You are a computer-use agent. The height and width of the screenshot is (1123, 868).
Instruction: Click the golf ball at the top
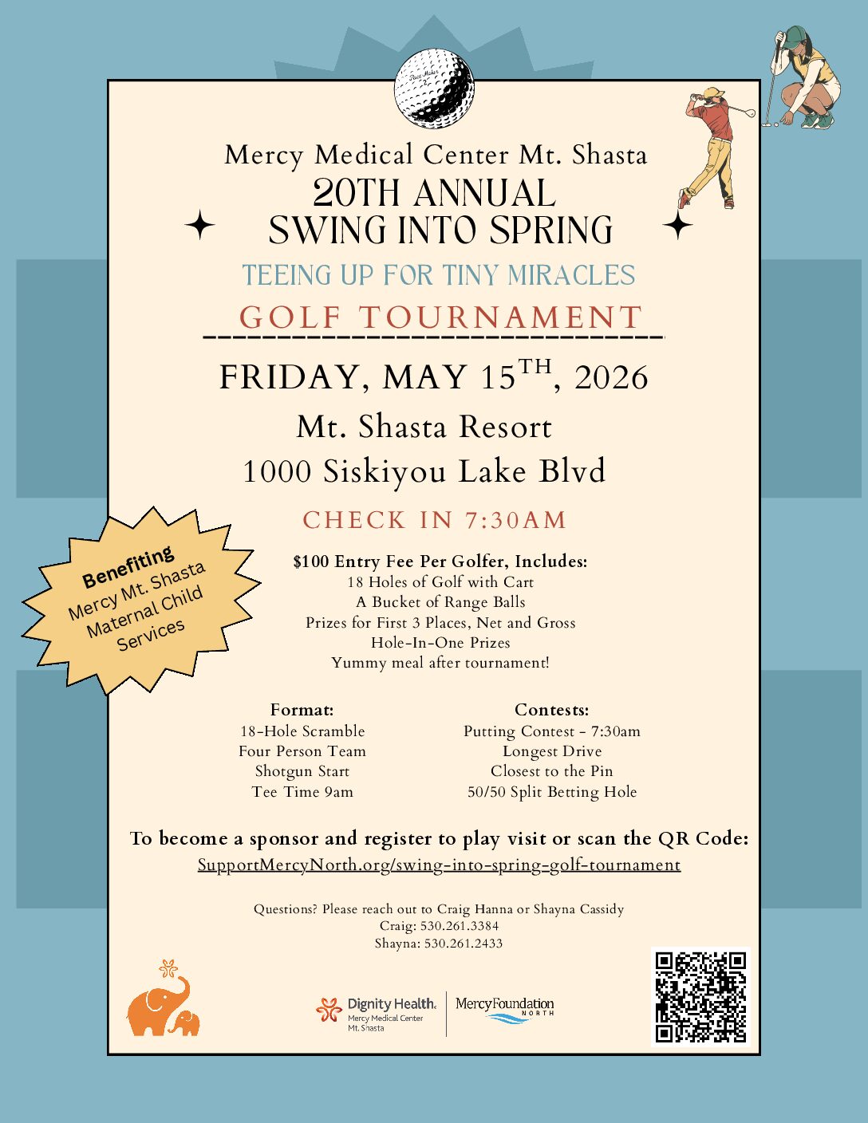434,87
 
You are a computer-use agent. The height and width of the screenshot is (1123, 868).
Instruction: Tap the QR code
700,996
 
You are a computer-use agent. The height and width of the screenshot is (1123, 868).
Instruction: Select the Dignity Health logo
377,1014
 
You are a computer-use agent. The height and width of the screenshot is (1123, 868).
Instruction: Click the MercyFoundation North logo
504,1009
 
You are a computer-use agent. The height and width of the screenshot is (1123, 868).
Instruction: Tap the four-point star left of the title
199,226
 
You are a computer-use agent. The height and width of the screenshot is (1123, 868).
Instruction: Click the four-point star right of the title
677,226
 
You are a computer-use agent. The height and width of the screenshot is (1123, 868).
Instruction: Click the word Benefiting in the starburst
128,566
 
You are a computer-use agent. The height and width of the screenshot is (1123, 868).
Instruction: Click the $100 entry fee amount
310,561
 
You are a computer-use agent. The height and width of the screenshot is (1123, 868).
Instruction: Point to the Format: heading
302,710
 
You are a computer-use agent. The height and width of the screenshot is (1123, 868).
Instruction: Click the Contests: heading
551,710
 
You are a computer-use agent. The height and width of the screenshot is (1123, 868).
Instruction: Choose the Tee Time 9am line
302,792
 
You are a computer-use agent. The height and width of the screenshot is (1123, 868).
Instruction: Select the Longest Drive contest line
551,751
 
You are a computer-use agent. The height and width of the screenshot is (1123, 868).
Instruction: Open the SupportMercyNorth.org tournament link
439,865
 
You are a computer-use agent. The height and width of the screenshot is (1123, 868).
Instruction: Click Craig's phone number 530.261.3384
460,926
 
